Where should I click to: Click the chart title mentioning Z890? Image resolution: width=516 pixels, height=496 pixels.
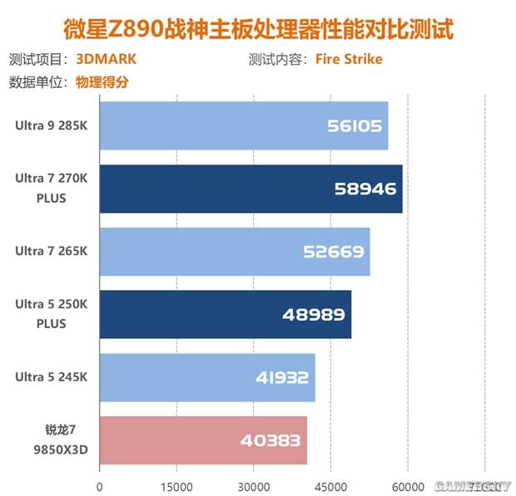click(x=258, y=30)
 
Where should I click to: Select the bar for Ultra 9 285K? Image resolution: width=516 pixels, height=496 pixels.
click(x=243, y=125)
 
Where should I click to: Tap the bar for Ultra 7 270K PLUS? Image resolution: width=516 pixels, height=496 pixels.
click(x=251, y=189)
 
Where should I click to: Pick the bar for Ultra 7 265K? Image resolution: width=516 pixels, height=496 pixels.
click(x=234, y=251)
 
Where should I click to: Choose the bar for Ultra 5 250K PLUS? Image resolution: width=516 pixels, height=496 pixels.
click(x=225, y=314)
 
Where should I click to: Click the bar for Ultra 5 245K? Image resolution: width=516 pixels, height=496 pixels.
click(x=206, y=377)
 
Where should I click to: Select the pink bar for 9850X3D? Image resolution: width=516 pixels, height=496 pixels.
click(x=203, y=440)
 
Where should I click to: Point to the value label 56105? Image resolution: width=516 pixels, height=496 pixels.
click(x=354, y=126)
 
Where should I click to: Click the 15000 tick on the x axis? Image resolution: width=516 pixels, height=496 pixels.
click(x=176, y=486)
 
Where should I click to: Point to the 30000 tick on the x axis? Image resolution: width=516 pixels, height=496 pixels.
click(x=254, y=486)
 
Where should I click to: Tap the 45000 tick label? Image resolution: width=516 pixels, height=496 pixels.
click(x=331, y=486)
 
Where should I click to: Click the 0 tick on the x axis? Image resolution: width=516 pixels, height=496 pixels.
click(x=100, y=486)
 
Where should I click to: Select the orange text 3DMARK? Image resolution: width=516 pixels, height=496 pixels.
click(x=106, y=60)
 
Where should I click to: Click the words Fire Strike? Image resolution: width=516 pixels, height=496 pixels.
click(x=349, y=60)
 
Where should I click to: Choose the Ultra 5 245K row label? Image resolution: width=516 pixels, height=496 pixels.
click(x=51, y=377)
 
